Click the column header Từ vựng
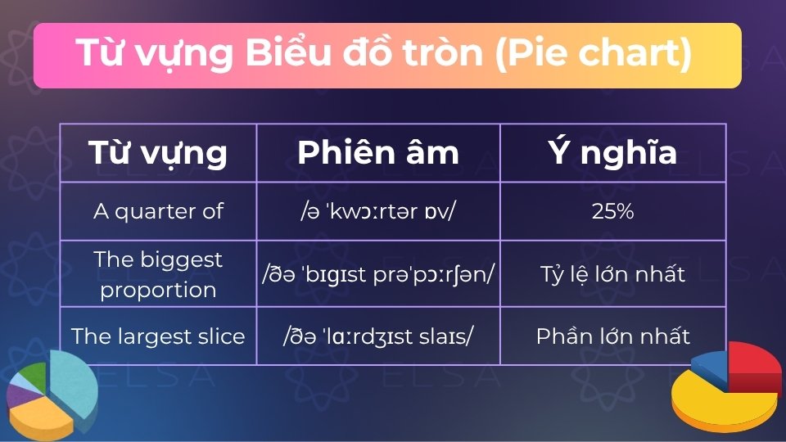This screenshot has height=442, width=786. point(158,153)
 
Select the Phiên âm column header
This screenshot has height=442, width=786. point(378,153)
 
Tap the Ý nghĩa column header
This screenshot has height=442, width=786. point(612,153)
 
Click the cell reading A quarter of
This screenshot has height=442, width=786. point(158,211)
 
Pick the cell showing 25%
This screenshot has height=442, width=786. point(612,211)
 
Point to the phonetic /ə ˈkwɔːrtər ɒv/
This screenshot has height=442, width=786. point(378,211)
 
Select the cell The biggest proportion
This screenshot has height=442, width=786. point(158,274)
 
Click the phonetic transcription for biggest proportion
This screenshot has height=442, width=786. point(378,274)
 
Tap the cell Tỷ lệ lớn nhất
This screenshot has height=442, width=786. point(612,274)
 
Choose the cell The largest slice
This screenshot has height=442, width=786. point(158,336)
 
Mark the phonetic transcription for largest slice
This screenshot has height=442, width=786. point(378,336)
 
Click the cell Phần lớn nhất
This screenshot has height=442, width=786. point(612,336)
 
